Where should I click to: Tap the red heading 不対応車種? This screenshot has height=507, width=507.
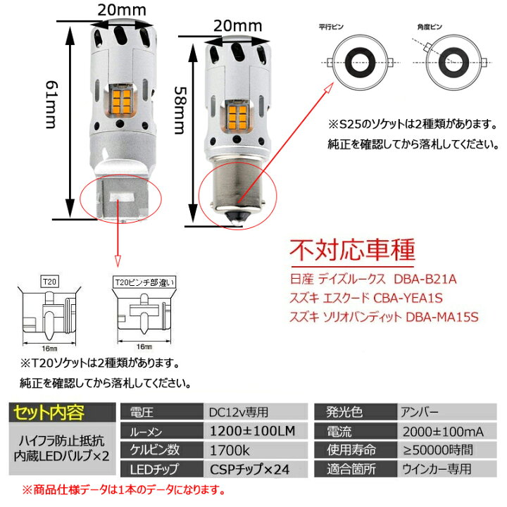[353, 250]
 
